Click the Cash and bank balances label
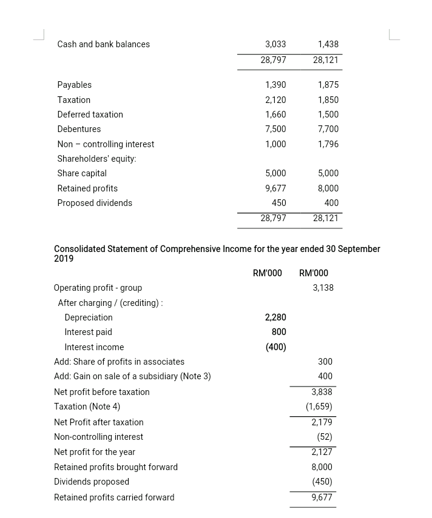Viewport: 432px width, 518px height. (x=103, y=44)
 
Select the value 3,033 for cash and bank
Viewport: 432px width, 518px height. (x=275, y=44)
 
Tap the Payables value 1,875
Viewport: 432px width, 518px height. (x=328, y=85)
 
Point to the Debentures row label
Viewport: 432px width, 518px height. (x=79, y=129)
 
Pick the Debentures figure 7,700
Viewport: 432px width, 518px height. (x=328, y=129)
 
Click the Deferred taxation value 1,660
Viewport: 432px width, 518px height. (x=275, y=115)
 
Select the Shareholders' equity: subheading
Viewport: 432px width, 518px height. (x=96, y=159)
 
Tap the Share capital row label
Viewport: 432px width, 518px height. (x=82, y=173)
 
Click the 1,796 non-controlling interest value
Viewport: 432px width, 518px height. (x=328, y=144)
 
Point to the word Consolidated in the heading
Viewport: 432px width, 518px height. (x=79, y=248)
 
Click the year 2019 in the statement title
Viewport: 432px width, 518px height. (x=64, y=259)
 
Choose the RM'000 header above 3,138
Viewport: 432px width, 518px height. (x=314, y=273)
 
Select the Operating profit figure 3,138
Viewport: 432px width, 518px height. (x=323, y=288)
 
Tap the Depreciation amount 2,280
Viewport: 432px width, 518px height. (x=275, y=317)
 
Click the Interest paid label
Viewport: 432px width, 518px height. (x=88, y=332)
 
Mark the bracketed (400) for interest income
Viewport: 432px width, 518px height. (x=275, y=347)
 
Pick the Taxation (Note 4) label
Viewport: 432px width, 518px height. (x=87, y=407)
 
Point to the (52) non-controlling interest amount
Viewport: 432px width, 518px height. (x=325, y=437)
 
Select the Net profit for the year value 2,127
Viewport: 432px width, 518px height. (x=322, y=452)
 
